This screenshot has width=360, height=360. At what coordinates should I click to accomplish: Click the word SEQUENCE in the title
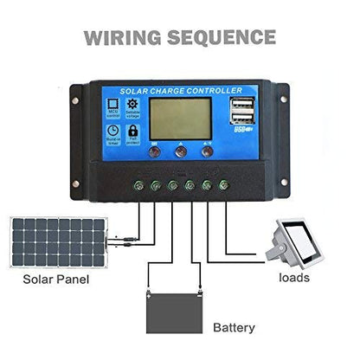[223, 37]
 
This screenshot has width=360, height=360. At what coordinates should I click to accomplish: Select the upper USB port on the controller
[237, 106]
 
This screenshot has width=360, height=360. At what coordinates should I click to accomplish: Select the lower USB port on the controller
[237, 120]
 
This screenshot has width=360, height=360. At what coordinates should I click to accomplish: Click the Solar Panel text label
[57, 281]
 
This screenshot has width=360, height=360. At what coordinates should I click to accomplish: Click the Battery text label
[234, 328]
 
